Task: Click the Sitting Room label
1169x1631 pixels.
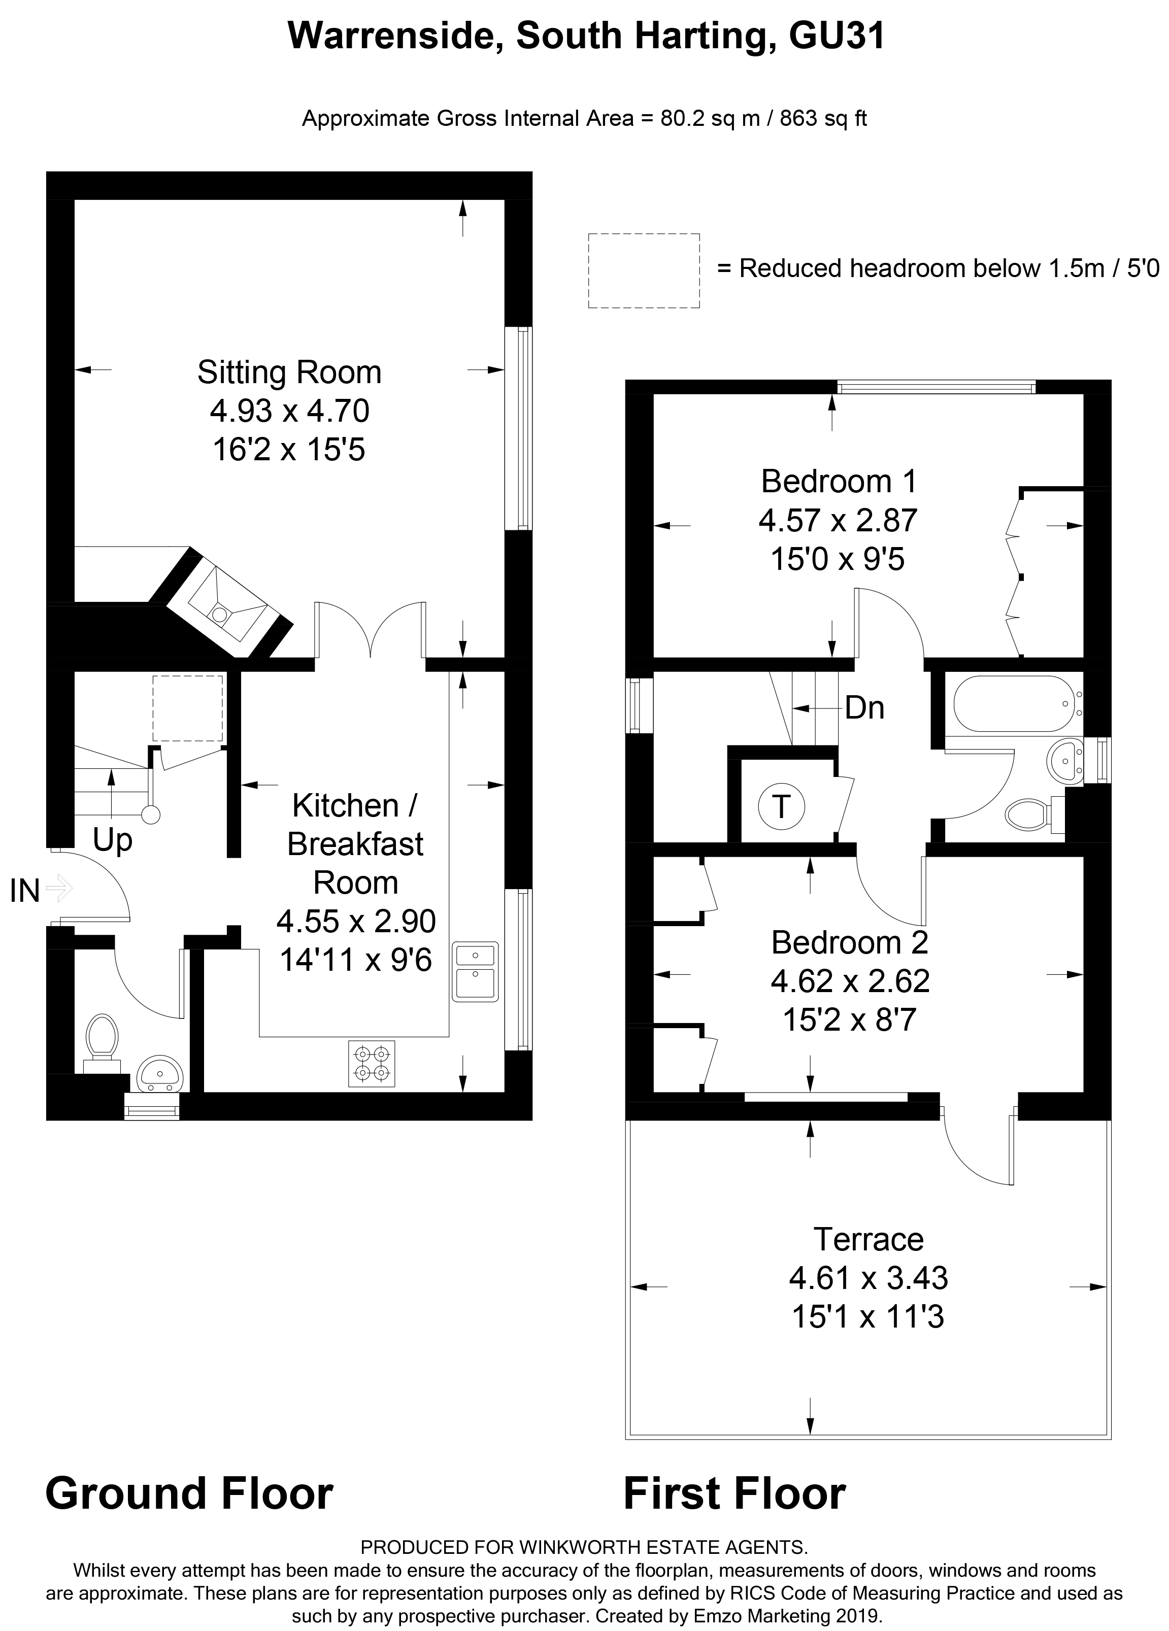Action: pyautogui.click(x=289, y=372)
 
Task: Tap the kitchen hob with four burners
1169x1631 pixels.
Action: pyautogui.click(x=371, y=1064)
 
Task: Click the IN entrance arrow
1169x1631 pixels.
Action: pyautogui.click(x=59, y=889)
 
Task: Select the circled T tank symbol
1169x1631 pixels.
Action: pyautogui.click(x=781, y=806)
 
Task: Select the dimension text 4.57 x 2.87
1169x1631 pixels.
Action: pyautogui.click(x=838, y=520)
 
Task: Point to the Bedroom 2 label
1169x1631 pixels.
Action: pyautogui.click(x=850, y=942)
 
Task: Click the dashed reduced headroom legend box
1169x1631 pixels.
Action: pyautogui.click(x=643, y=270)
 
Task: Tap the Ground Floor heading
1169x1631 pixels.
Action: pyautogui.click(x=189, y=1493)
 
